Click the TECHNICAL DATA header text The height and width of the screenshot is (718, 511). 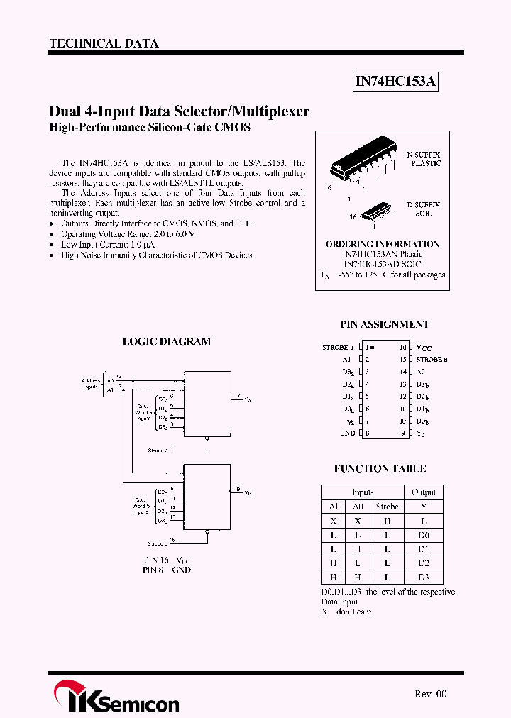[x=104, y=43]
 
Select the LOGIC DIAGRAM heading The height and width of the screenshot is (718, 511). [x=167, y=341]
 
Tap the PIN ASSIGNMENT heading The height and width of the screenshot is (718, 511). [x=385, y=324]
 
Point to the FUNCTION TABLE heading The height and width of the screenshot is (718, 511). [x=380, y=469]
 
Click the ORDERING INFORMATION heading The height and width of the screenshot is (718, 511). [x=382, y=243]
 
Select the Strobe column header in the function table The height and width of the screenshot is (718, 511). [x=387, y=507]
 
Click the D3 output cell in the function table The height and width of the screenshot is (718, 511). [x=424, y=578]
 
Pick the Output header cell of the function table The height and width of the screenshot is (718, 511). [x=424, y=492]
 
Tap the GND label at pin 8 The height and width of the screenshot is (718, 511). [x=347, y=433]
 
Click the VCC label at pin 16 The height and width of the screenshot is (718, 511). [x=424, y=348]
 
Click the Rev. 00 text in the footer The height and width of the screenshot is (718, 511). [x=430, y=694]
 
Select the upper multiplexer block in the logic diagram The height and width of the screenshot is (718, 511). [x=207, y=403]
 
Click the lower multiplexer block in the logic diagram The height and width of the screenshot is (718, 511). [x=207, y=497]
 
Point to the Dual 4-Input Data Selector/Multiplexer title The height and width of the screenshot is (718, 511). [x=179, y=111]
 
